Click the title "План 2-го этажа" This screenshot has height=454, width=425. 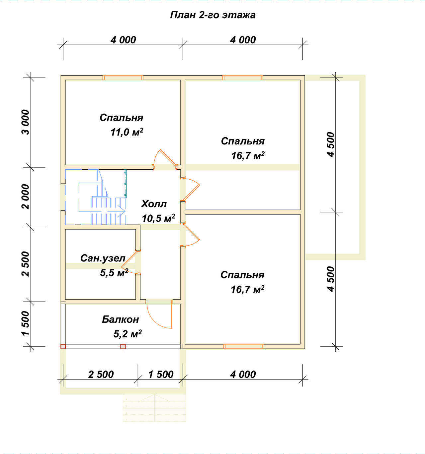pyautogui.click(x=212, y=15)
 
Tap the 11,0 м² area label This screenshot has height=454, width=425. pyautogui.click(x=127, y=132)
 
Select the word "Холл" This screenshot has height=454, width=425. pyautogui.click(x=154, y=204)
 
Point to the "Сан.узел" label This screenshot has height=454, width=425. pyautogui.click(x=103, y=258)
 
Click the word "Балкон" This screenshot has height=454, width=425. pyautogui.click(x=120, y=319)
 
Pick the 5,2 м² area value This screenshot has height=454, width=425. pyautogui.click(x=127, y=334)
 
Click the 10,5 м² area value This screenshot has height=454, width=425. pyautogui.click(x=158, y=218)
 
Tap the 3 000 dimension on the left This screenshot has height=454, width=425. pyautogui.click(x=26, y=122)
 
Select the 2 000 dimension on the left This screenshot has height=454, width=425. pyautogui.click(x=26, y=197)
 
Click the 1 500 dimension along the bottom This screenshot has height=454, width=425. pyautogui.click(x=161, y=374)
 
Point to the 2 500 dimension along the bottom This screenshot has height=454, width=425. pyautogui.click(x=101, y=374)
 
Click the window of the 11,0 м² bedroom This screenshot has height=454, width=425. pyautogui.click(x=123, y=78)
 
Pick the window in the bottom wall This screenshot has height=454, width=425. pyautogui.click(x=244, y=346)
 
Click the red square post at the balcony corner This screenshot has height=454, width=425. pyautogui.click(x=63, y=346)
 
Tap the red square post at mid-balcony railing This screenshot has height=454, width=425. pyautogui.click(x=123, y=346)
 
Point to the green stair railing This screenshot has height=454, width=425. pyautogui.click(x=125, y=184)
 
